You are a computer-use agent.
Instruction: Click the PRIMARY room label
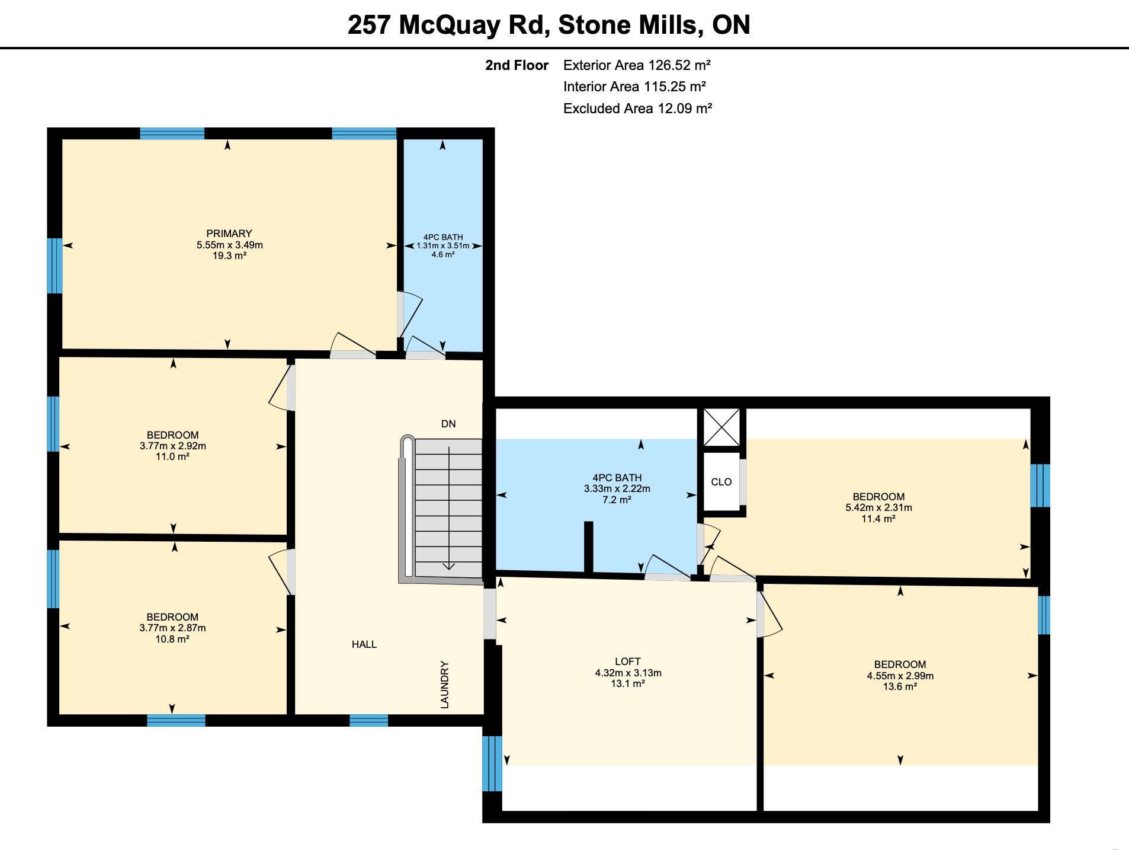[x=229, y=234]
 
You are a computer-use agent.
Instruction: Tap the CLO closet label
[x=721, y=482]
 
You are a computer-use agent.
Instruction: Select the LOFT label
[x=628, y=662]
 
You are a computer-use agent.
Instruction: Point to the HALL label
[x=364, y=644]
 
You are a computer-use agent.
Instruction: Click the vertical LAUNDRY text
[x=445, y=685]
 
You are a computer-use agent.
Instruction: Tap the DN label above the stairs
[x=448, y=424]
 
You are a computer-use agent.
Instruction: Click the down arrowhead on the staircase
[x=449, y=566]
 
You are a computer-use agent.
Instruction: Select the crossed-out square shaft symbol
[x=721, y=427]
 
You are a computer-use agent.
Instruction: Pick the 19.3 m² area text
[x=229, y=256]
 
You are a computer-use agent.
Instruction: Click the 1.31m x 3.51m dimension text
[x=443, y=246]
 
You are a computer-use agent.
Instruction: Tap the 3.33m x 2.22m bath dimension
[x=617, y=489]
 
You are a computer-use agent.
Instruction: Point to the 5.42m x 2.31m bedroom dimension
[x=879, y=508]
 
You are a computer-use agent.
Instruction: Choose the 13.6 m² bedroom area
[x=900, y=686]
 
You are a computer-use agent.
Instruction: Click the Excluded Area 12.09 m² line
[x=637, y=108]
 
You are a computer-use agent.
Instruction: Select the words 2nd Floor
[x=517, y=65]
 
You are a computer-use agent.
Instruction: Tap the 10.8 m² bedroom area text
[x=172, y=639]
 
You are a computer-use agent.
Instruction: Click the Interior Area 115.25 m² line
[x=634, y=87]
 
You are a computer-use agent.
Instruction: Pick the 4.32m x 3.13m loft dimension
[x=628, y=673]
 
